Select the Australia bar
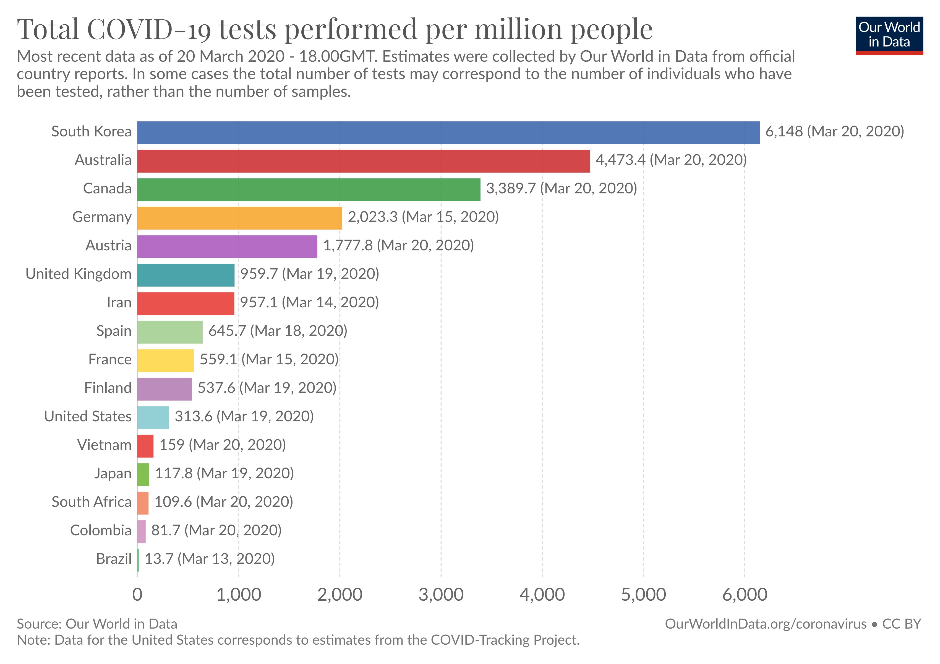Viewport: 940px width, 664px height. coord(364,161)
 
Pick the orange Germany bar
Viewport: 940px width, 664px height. coord(239,218)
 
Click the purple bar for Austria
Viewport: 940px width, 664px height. coord(227,246)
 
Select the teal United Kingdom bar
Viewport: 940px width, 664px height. coord(186,275)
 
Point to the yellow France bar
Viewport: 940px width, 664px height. coord(165,360)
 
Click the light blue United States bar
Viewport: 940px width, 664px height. coord(153,417)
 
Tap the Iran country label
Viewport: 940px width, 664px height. coord(119,302)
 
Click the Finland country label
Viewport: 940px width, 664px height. coord(108,388)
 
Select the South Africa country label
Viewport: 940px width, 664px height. coord(92,502)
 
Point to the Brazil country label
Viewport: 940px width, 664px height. coord(114,559)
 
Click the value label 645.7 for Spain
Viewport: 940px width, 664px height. coord(227,331)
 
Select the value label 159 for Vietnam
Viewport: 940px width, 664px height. coord(172,444)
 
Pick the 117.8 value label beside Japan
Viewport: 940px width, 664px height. coord(174,473)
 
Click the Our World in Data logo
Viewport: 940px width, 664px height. coord(889,36)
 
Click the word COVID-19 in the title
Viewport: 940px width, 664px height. coord(150,30)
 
